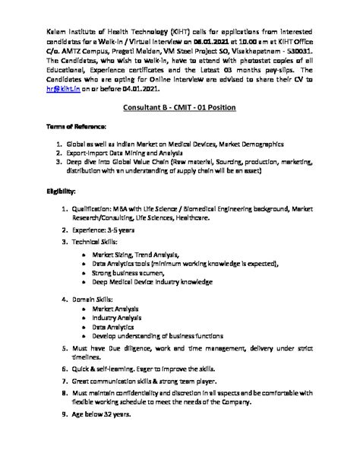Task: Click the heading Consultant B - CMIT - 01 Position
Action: click(x=179, y=109)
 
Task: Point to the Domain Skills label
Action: click(x=99, y=298)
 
